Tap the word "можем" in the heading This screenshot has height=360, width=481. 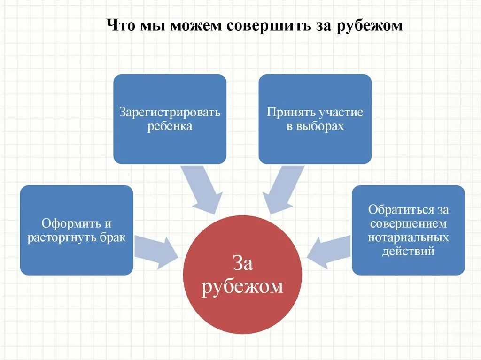(x=195, y=25)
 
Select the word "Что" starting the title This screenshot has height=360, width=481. (x=120, y=25)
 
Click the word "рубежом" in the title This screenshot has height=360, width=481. (x=370, y=25)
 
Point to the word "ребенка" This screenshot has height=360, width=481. (x=170, y=126)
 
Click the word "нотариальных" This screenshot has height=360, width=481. (x=408, y=237)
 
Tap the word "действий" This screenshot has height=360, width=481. (x=408, y=251)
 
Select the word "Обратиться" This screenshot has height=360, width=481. (x=399, y=209)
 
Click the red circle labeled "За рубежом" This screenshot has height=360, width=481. (x=243, y=300)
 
